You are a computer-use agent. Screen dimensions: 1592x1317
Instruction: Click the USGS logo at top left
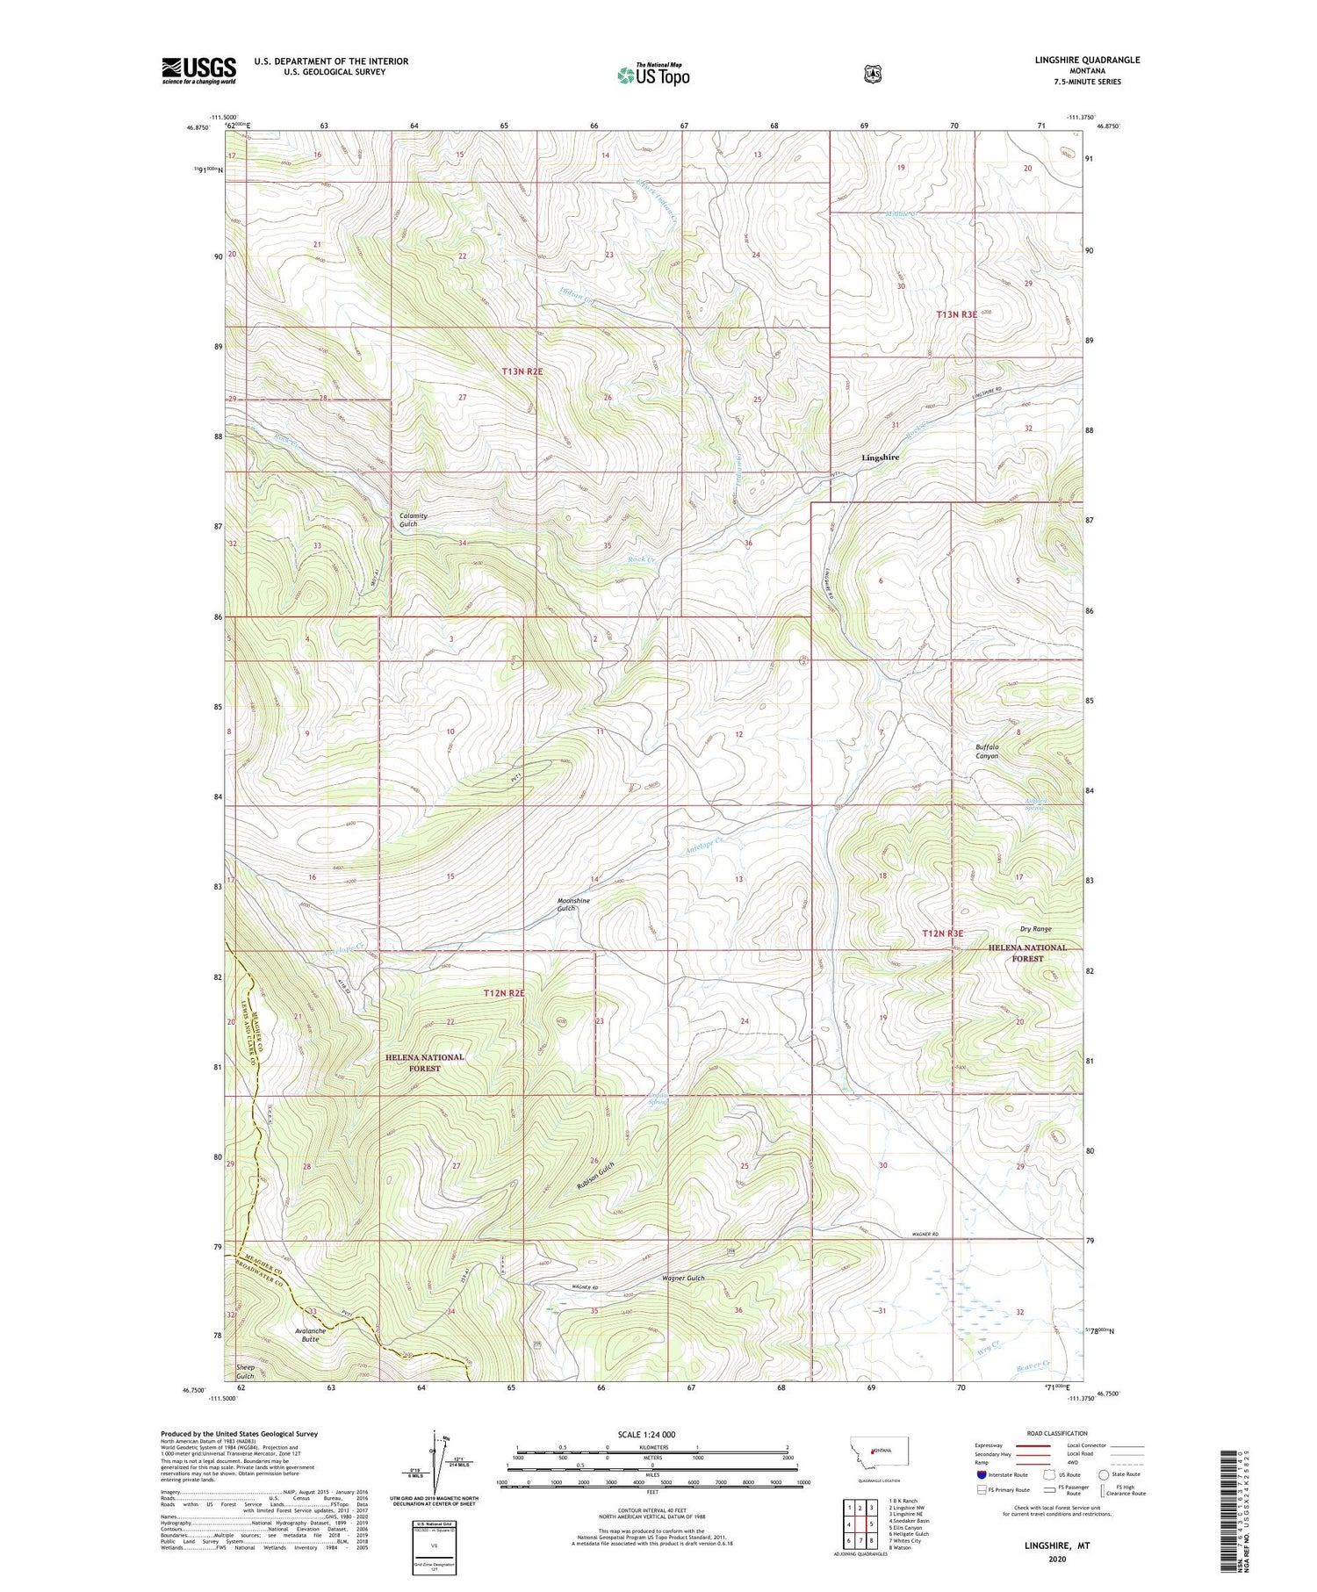point(198,70)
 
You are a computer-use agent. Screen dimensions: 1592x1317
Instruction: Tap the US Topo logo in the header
point(653,75)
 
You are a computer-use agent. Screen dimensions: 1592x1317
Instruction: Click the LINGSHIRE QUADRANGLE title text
point(1088,60)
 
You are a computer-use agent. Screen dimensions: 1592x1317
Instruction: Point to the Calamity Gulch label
point(414,520)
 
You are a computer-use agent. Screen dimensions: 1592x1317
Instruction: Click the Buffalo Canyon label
point(987,751)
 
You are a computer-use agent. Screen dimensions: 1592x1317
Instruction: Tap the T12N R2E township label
point(504,993)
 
